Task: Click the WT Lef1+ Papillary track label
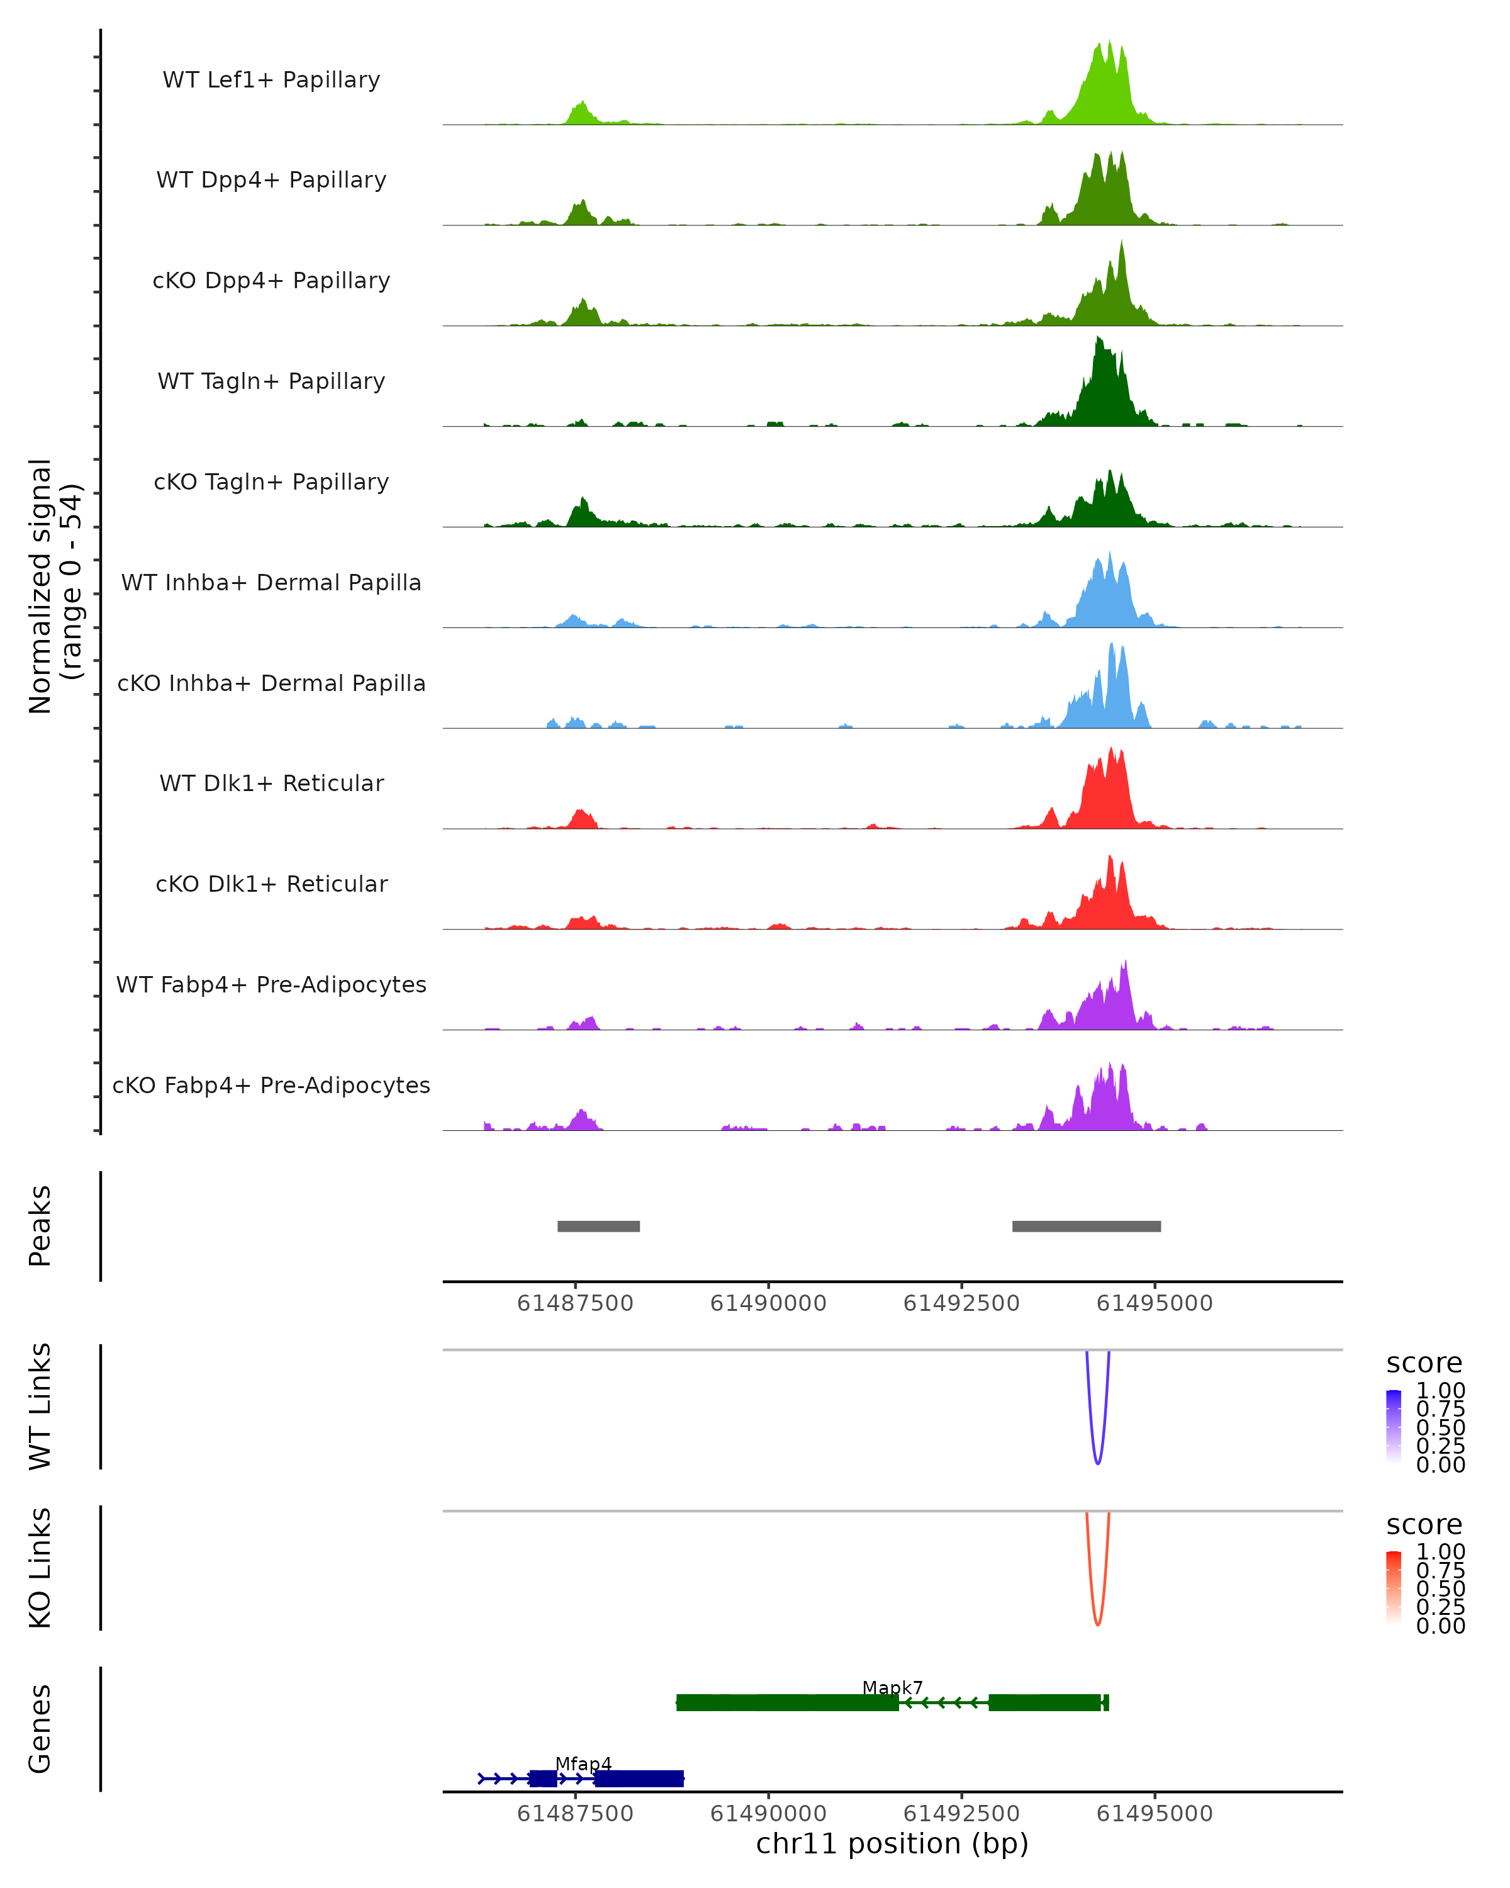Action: (271, 80)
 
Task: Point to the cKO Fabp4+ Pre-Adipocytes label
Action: (271, 1085)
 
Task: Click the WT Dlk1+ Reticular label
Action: (271, 783)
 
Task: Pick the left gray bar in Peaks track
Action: (599, 1226)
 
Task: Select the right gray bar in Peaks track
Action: (1087, 1226)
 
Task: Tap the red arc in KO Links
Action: (1098, 1622)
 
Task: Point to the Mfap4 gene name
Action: (583, 1763)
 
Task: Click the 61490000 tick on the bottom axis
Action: (769, 1814)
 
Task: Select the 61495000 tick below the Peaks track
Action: (1155, 1303)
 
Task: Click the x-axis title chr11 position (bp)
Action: (892, 1844)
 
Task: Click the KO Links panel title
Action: (40, 1568)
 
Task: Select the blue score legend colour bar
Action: (1394, 1427)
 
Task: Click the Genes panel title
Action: (40, 1729)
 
